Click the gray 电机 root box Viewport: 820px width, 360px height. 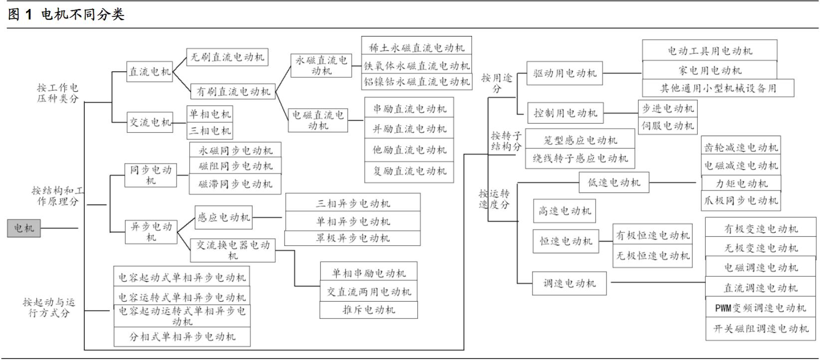23,228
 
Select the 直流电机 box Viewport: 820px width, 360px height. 150,72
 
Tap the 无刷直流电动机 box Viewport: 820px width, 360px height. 227,57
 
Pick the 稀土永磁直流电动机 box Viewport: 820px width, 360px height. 416,48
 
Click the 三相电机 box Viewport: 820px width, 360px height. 210,131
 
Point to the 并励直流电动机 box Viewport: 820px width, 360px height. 410,129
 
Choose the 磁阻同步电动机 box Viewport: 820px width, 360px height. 235,166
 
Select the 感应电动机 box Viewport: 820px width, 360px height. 223,217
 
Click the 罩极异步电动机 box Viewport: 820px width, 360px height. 353,238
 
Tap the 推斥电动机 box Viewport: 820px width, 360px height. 369,310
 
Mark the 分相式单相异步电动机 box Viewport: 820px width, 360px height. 182,337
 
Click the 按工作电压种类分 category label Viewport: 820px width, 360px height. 58,93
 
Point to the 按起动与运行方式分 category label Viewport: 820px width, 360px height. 49,308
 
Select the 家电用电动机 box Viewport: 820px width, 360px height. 709,70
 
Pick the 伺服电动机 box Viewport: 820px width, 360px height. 667,126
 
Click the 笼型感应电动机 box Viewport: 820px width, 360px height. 580,141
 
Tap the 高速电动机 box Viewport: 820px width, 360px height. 565,211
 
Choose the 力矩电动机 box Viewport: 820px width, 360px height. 741,183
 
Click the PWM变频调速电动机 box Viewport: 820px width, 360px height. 761,308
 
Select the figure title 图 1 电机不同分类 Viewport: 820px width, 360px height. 66,14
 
